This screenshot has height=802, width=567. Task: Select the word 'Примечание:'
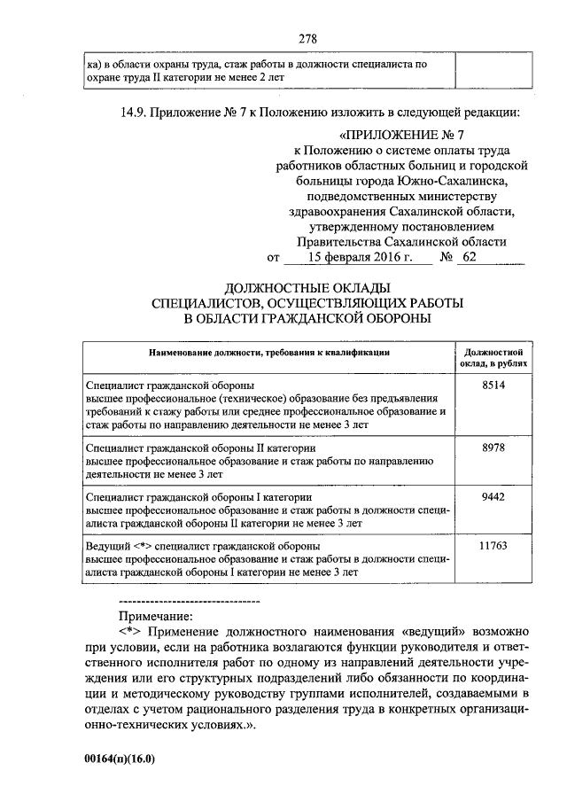(156, 615)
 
